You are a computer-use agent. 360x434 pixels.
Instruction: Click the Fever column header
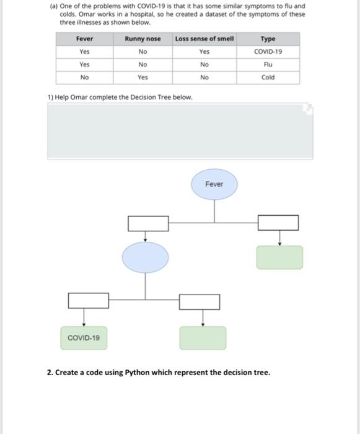(84, 39)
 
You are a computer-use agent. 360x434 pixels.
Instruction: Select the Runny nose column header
(143, 39)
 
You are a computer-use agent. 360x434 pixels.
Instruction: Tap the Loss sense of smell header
(204, 39)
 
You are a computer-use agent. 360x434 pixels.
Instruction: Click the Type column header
(268, 39)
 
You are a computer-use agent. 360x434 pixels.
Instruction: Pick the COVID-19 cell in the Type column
(268, 52)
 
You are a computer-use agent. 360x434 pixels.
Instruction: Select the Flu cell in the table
(268, 64)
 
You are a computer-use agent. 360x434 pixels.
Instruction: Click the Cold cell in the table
(268, 77)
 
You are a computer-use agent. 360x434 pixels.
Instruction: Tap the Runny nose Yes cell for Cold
(143, 77)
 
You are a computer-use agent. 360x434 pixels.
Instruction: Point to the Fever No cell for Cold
(84, 77)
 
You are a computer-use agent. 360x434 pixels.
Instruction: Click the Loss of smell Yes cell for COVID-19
(204, 52)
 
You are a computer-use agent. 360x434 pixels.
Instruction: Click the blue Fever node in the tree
(214, 184)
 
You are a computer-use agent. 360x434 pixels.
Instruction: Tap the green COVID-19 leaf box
(84, 338)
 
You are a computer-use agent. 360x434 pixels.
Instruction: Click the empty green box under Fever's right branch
(279, 257)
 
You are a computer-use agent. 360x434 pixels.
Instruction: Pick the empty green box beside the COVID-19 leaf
(203, 338)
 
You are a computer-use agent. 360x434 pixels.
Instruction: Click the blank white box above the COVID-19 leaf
(88, 301)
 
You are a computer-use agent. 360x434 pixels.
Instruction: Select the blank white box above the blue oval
(148, 222)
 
